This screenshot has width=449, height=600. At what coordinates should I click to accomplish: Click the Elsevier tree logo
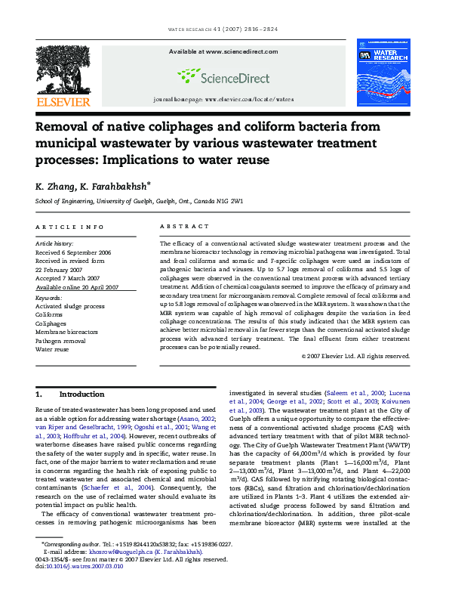click(58, 66)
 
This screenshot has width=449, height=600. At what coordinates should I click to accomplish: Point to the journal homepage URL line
click(223, 99)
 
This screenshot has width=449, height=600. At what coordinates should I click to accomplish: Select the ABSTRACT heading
click(185, 227)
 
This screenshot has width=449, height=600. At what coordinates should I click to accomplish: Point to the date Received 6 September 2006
click(74, 251)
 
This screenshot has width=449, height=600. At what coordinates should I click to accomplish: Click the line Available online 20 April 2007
click(78, 287)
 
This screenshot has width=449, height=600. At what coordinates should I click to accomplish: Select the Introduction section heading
click(81, 394)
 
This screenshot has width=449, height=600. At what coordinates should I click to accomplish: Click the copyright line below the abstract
click(355, 355)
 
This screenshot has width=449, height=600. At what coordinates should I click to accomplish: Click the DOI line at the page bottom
click(80, 566)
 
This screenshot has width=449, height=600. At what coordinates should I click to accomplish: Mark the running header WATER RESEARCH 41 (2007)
click(224, 30)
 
